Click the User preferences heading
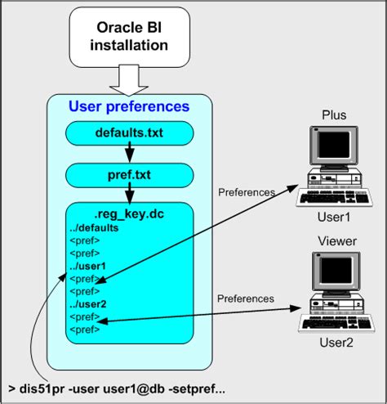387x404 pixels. [x=130, y=107]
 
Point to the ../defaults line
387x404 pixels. [x=97, y=228]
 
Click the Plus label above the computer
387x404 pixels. [x=334, y=115]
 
